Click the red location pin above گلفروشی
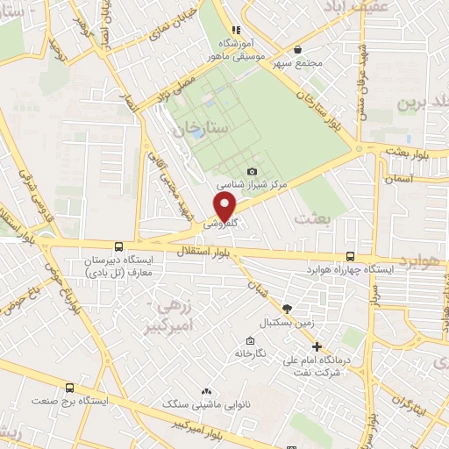click(226, 206)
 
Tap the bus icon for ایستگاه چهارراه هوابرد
click(351, 256)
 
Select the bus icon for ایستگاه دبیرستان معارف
click(118, 246)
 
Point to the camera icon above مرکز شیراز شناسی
click(253, 171)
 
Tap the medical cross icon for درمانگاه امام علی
click(317, 346)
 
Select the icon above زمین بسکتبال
click(286, 310)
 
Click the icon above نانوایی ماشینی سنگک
click(206, 391)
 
